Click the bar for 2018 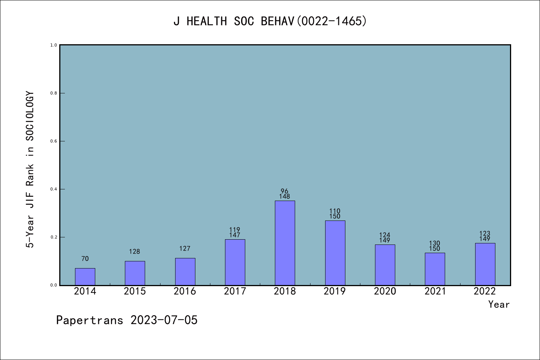click(285, 243)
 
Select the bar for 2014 click(85, 277)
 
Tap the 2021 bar click(435, 269)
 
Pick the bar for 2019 click(335, 253)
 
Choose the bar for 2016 click(185, 271)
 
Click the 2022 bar click(485, 264)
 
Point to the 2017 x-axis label click(235, 291)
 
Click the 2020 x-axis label click(385, 291)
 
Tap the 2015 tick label click(135, 291)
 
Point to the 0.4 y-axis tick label click(54, 189)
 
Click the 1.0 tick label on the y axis click(54, 45)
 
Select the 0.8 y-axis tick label click(54, 93)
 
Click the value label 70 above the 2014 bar click(85, 259)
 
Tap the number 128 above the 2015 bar click(135, 252)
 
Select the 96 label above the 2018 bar click(285, 191)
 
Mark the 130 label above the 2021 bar click(435, 243)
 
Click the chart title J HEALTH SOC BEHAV click(270, 21)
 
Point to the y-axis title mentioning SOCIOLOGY click(30, 169)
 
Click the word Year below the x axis click(499, 304)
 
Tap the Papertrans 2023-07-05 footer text click(127, 320)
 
